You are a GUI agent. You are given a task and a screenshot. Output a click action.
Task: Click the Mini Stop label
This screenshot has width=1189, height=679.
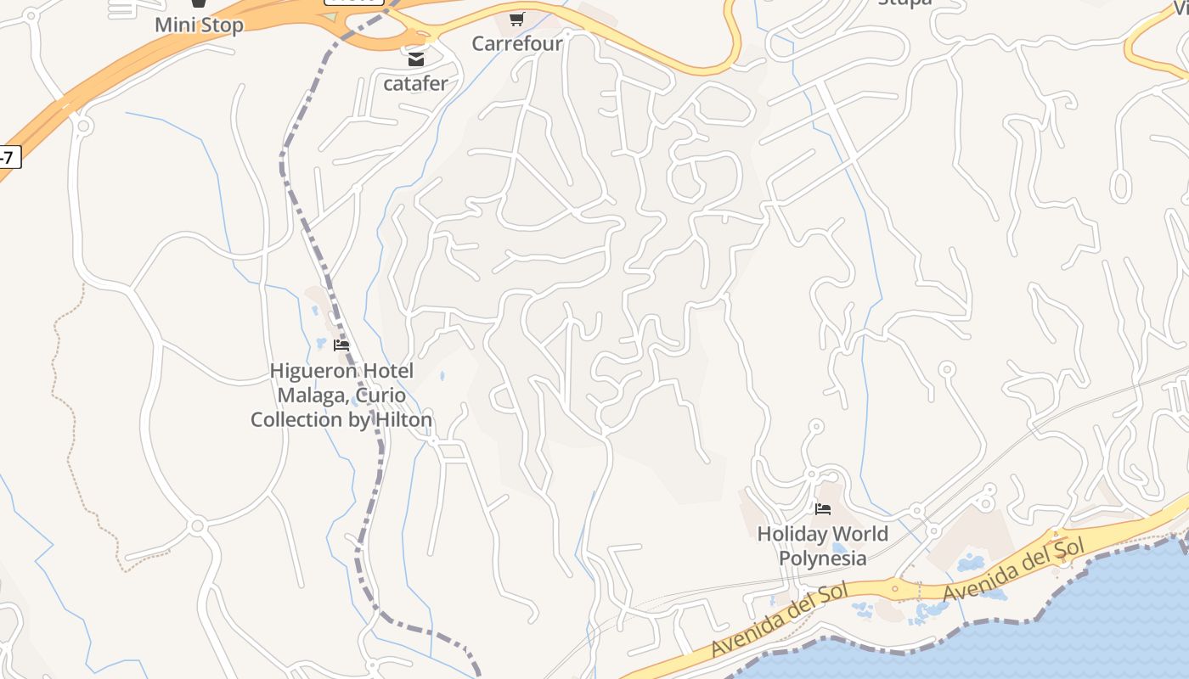[199, 25]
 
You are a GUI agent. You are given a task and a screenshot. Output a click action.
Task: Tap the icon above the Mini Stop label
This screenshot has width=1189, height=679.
[199, 4]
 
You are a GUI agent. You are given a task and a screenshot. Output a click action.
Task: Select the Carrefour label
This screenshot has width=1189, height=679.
[517, 43]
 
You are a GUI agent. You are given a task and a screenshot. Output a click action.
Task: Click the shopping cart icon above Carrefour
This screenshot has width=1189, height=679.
[517, 19]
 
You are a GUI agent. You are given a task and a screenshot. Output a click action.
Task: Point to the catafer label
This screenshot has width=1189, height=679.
[415, 83]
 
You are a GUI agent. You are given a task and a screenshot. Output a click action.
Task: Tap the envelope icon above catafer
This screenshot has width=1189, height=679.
[416, 59]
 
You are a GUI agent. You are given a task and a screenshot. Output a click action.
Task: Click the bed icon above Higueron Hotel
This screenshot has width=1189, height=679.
[341, 345]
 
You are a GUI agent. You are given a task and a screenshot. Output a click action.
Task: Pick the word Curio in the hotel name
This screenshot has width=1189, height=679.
[380, 396]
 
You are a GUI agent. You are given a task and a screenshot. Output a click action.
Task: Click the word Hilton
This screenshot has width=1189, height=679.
[401, 419]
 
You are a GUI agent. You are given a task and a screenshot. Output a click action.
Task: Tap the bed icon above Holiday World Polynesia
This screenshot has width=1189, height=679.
[823, 509]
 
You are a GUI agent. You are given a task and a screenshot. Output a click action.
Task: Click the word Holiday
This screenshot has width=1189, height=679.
[792, 534]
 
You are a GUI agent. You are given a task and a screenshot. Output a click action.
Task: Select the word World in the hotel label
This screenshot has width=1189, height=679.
[860, 534]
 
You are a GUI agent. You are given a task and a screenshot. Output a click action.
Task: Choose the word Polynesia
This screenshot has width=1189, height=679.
[823, 558]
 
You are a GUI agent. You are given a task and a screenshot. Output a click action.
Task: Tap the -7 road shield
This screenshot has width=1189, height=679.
[7, 157]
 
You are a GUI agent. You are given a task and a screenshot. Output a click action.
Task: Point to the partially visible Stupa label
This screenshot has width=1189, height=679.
[904, 3]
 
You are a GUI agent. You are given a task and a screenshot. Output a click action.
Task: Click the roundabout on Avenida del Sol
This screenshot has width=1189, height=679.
[894, 586]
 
